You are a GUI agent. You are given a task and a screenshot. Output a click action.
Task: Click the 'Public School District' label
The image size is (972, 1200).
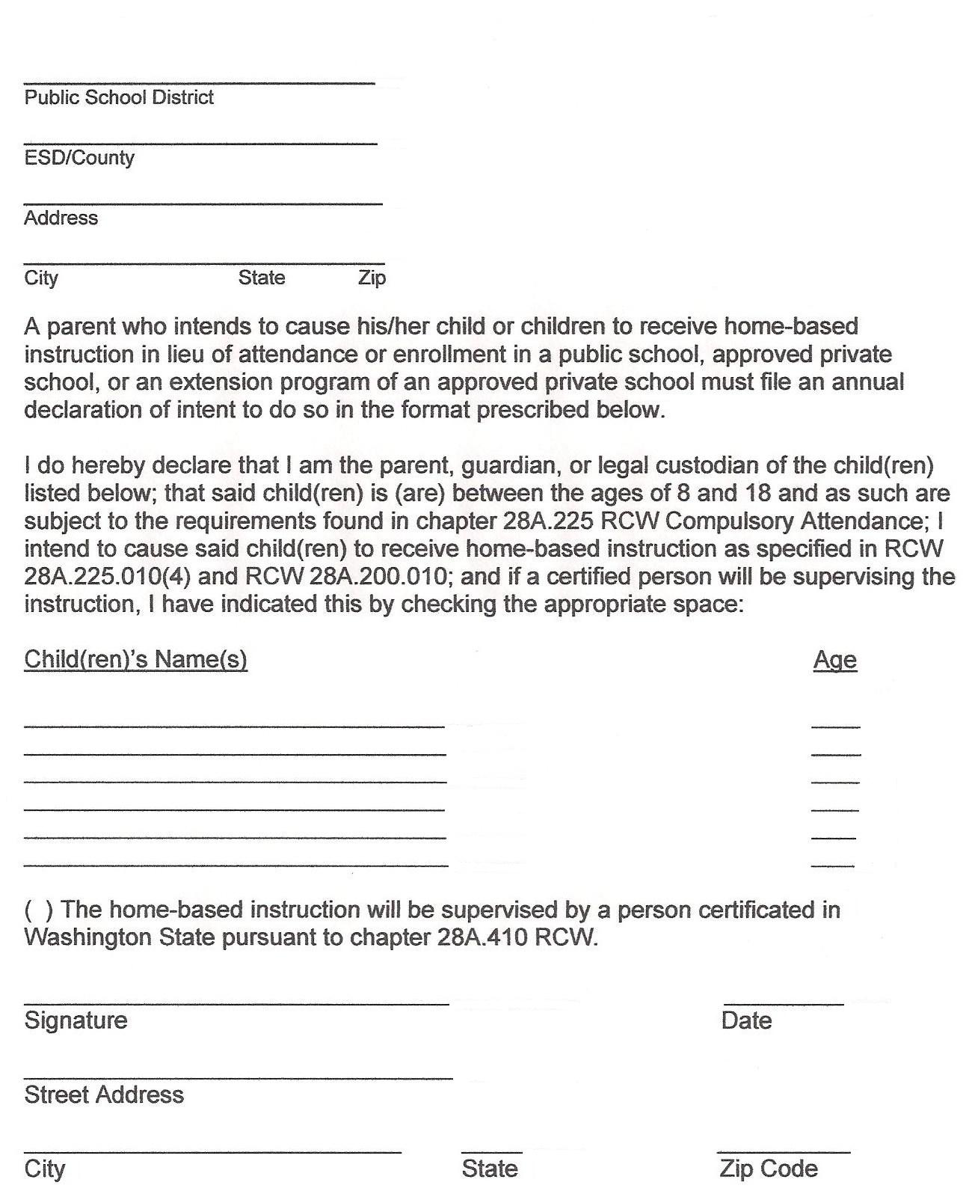pos(119,97)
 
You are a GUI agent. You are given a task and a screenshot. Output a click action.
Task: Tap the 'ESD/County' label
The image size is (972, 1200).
pos(79,158)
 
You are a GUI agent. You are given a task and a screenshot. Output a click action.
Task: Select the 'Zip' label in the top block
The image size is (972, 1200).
pos(372,278)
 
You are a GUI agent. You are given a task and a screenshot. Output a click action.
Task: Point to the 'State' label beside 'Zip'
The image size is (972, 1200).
pos(262,278)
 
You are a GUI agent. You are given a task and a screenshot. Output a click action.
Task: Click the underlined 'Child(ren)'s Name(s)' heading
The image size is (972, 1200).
pos(135,659)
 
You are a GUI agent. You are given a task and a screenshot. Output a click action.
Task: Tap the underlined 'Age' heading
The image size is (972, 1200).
pos(835,660)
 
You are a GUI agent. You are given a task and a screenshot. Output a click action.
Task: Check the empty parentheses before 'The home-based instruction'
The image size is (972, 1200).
pos(38,910)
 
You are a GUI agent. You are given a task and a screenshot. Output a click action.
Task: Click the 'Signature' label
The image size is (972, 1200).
pos(76,1020)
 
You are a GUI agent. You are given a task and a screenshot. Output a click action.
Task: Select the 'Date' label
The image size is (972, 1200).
pos(746,1020)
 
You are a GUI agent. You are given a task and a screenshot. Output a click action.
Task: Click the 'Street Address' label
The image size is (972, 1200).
pos(104,1095)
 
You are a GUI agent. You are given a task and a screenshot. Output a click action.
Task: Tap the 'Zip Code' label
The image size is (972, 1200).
pos(769,1169)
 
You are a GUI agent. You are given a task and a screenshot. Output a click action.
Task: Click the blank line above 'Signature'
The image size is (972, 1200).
pos(236,1002)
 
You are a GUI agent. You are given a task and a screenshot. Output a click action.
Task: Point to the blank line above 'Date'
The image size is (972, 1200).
pos(784,1002)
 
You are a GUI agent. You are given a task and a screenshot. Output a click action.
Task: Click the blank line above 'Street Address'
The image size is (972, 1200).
pos(238,1078)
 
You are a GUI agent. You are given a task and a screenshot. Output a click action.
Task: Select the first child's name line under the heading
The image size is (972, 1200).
pos(234,725)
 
